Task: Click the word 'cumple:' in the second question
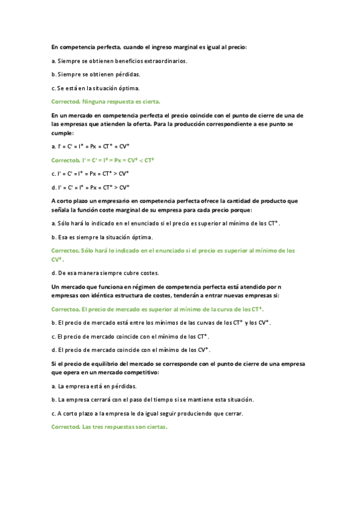coord(63,134)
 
